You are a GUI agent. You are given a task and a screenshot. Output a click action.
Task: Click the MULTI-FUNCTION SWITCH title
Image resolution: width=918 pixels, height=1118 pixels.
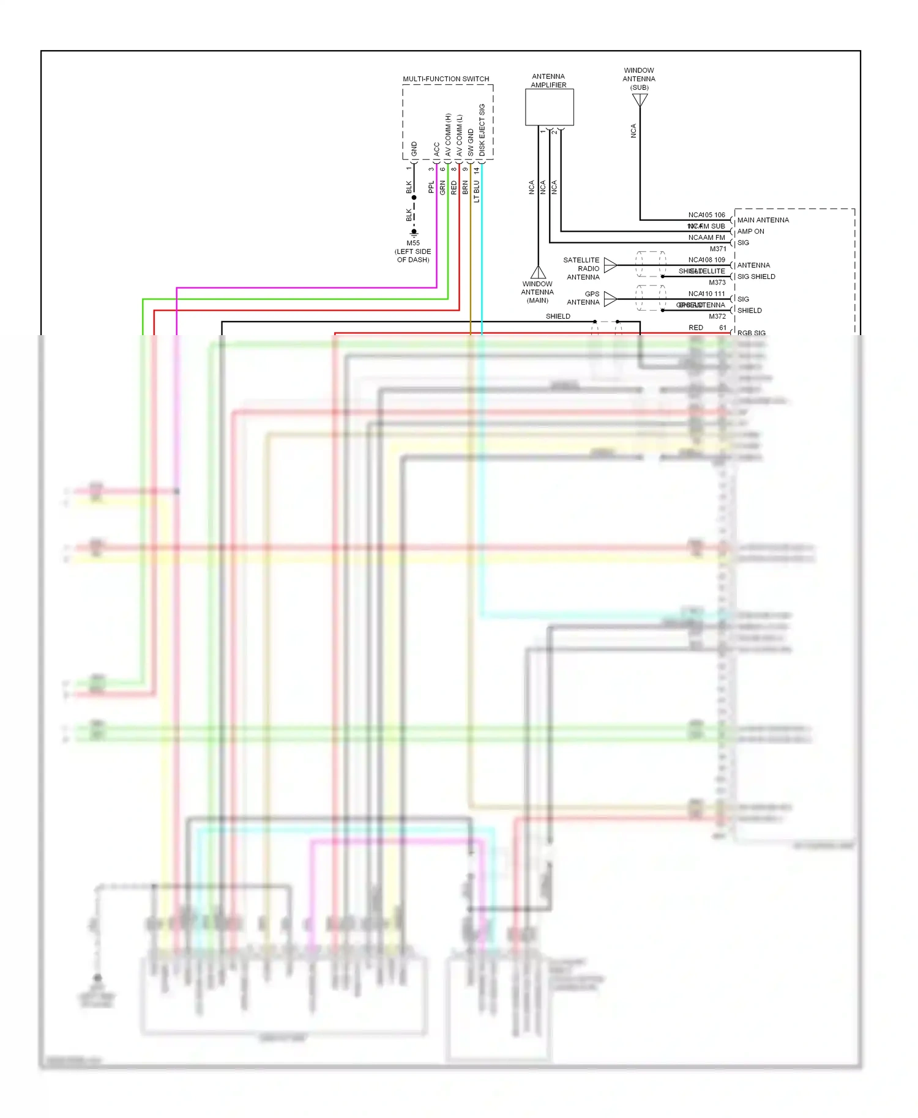(446, 79)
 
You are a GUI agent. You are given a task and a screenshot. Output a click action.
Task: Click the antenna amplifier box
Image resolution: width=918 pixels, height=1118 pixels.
(549, 107)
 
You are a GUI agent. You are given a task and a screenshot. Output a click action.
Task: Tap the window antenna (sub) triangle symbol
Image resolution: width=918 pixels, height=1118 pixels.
(640, 100)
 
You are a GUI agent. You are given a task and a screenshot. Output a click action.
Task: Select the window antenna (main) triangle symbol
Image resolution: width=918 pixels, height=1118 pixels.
(538, 273)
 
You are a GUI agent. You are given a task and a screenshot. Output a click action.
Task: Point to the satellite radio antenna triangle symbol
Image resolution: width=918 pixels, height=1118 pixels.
(610, 265)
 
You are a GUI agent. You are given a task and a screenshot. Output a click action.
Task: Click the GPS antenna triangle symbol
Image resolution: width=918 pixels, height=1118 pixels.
(610, 298)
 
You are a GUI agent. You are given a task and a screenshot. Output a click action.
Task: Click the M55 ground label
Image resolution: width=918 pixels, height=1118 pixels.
(413, 243)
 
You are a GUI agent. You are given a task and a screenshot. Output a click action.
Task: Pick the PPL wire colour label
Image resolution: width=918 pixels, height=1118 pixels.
(431, 187)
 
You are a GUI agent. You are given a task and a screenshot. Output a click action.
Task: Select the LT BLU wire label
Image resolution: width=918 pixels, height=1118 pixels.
(477, 191)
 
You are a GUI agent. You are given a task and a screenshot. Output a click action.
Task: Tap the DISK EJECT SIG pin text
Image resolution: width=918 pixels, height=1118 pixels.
(482, 130)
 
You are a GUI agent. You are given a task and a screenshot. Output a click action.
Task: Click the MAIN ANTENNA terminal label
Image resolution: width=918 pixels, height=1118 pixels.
(763, 220)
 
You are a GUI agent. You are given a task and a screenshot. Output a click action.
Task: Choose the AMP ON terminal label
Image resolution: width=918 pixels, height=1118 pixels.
(750, 231)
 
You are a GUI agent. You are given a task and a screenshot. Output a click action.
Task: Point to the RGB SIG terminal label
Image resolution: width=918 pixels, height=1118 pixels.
(751, 333)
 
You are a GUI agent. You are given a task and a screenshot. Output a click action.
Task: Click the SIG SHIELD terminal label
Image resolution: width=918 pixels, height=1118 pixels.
(756, 276)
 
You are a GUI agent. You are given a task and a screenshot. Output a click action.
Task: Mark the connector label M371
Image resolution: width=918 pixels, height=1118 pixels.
(718, 249)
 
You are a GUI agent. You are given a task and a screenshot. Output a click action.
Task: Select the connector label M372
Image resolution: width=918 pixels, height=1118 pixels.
(717, 316)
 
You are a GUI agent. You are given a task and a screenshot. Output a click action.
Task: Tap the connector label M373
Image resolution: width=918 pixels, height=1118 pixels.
(717, 283)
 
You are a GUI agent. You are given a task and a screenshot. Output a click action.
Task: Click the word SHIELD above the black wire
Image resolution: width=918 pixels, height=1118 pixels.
(558, 316)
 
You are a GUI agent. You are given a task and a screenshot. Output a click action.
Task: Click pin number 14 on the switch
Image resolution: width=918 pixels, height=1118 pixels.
(477, 171)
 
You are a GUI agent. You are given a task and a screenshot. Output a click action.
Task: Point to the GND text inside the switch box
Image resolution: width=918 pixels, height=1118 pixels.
(414, 148)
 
